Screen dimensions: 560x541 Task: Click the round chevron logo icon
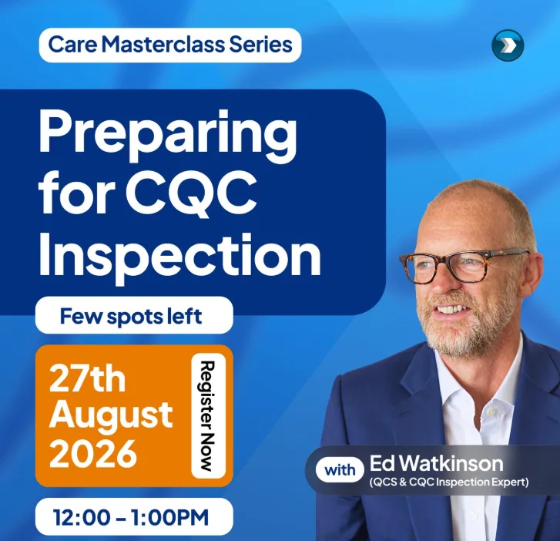[x=508, y=45]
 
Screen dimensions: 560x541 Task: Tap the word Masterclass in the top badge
[x=163, y=45]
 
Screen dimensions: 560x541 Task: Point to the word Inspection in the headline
[x=179, y=254]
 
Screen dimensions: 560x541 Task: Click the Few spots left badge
[x=134, y=315]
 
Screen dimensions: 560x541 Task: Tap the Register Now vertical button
[x=208, y=415]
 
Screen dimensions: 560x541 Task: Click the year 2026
[x=93, y=453]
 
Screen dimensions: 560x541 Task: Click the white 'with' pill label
[x=340, y=469]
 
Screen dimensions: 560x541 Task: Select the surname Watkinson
[x=451, y=463]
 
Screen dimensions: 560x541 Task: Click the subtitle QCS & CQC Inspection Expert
[x=449, y=482]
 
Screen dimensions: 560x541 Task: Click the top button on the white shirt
[x=492, y=413]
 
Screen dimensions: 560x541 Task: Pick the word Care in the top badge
[x=72, y=45]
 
